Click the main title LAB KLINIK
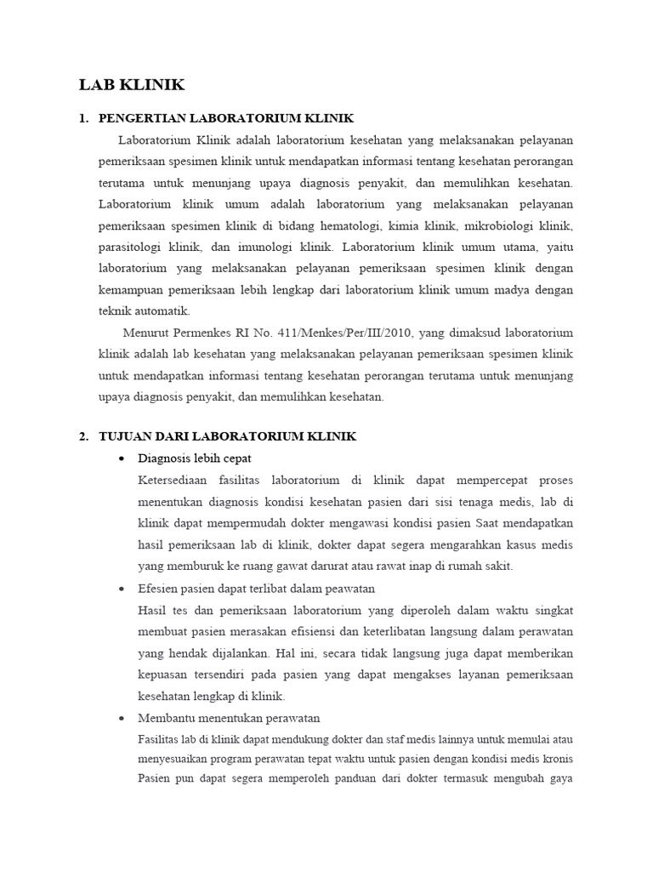[x=132, y=84]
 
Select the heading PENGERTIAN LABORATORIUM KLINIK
[x=226, y=117]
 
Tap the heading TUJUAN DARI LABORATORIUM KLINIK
[x=227, y=436]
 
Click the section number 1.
[x=83, y=117]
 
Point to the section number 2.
[x=83, y=436]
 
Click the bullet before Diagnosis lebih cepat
[x=121, y=459]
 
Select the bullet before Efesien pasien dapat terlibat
[x=121, y=589]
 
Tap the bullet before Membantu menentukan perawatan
[x=121, y=718]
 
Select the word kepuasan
[x=162, y=675]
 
